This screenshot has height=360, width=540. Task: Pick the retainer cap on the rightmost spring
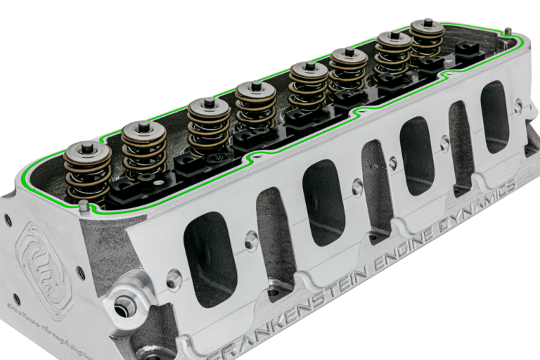click(x=427, y=28)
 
